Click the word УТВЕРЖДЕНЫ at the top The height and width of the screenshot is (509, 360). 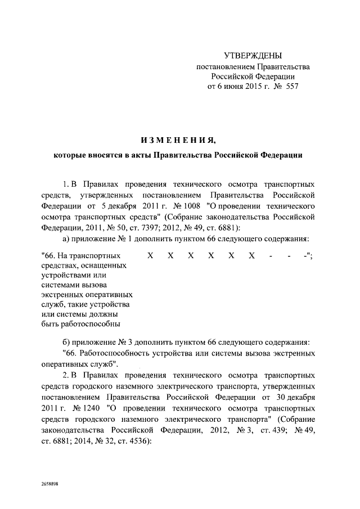[253, 56]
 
